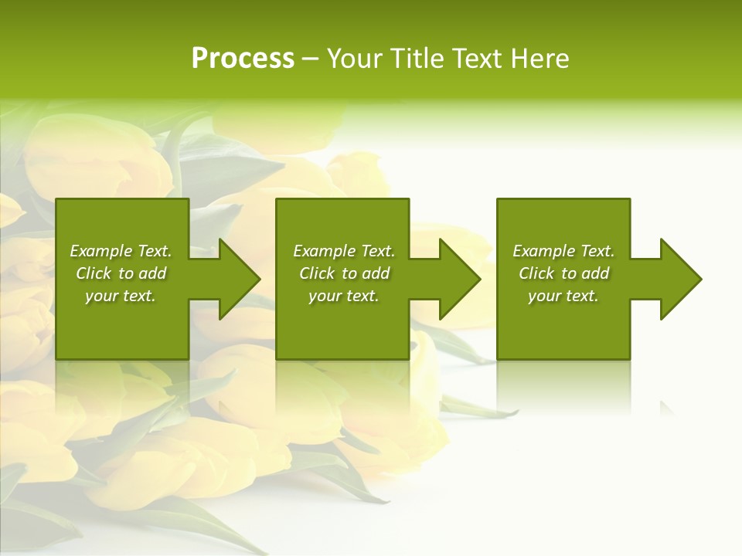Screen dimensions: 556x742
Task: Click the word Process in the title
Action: coord(243,59)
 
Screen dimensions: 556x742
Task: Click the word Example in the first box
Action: coord(101,251)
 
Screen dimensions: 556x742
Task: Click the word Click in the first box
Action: coord(94,273)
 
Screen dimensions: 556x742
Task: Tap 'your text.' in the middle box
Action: coord(343,296)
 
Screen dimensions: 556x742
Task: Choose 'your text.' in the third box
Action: coord(563,296)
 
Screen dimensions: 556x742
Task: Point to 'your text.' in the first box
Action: coord(120,296)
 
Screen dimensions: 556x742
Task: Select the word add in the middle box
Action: coord(375,273)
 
